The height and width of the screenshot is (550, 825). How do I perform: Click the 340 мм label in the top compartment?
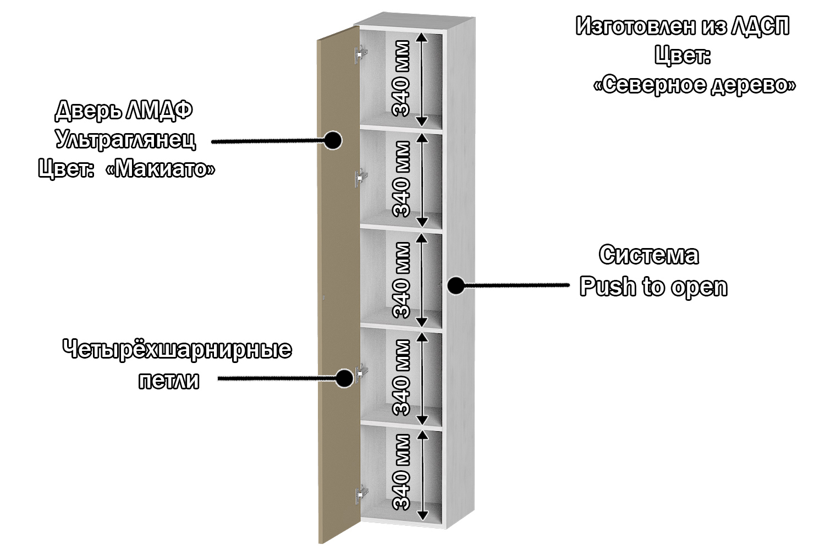click(x=402, y=79)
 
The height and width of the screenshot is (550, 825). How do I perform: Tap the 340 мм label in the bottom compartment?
click(x=402, y=472)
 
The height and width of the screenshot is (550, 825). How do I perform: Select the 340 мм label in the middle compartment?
click(x=402, y=280)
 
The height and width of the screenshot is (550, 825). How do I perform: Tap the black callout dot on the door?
click(x=332, y=140)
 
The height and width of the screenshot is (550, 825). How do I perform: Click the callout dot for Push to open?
click(x=455, y=285)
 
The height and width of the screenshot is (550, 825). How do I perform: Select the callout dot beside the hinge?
click(x=344, y=378)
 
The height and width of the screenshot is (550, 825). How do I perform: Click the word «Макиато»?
click(x=160, y=169)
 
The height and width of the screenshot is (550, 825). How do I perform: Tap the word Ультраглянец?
click(x=125, y=140)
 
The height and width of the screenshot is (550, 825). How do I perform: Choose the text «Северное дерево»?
click(x=695, y=85)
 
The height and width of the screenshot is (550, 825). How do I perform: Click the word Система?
click(x=649, y=255)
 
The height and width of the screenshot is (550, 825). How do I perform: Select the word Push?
click(x=607, y=287)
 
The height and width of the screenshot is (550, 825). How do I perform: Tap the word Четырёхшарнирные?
click(x=177, y=350)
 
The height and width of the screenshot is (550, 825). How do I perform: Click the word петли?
click(x=168, y=381)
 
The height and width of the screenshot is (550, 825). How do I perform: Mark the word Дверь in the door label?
click(x=88, y=111)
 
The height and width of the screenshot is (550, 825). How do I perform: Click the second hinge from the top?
click(x=361, y=178)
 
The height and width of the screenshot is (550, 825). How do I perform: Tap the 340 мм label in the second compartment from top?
click(x=402, y=179)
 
